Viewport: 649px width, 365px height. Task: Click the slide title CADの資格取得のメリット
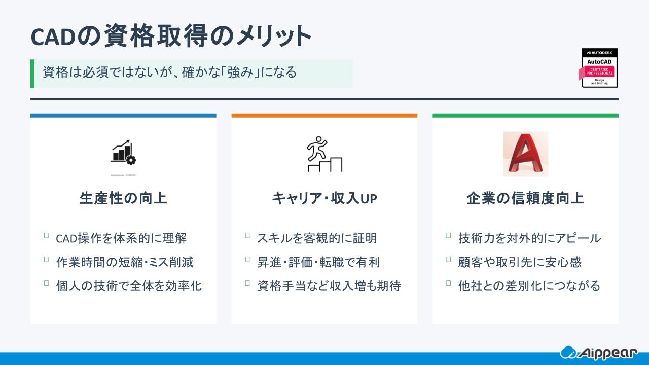tap(170, 36)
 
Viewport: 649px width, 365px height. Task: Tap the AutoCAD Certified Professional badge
tap(599, 68)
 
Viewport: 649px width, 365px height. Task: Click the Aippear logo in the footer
tap(602, 352)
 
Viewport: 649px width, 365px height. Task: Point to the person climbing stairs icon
tap(324, 154)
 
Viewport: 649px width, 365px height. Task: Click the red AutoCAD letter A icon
tap(525, 154)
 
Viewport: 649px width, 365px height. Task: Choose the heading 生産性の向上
tap(123, 198)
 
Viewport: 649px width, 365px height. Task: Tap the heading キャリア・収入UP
tap(324, 198)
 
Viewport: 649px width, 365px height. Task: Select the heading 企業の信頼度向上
tap(525, 198)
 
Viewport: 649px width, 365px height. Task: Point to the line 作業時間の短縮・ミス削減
tap(125, 262)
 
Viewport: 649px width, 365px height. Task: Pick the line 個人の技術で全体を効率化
tap(129, 286)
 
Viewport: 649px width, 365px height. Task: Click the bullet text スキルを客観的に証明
tap(317, 238)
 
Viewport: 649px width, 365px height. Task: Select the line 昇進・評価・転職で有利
tap(318, 262)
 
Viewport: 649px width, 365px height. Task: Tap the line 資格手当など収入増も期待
tap(329, 286)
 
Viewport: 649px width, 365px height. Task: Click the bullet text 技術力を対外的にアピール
tap(529, 238)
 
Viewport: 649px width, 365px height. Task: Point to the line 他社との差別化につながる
tap(529, 286)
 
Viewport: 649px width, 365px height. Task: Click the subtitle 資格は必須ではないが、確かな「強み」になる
tap(169, 72)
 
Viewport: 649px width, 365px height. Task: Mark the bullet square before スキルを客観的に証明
tap(247, 235)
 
